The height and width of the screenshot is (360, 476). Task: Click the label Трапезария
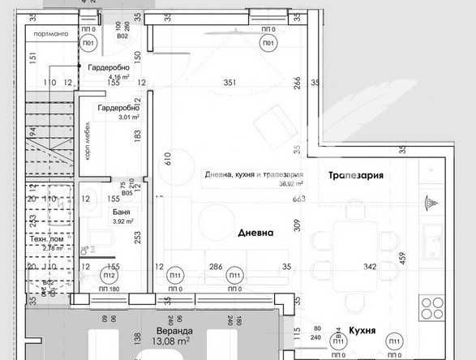[x=355, y=175]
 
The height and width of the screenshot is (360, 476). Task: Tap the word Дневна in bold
[x=255, y=233]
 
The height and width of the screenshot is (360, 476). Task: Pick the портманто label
[x=45, y=33]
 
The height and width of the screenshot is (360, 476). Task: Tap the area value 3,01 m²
[x=108, y=117]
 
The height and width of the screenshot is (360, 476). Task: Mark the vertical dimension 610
[x=168, y=158]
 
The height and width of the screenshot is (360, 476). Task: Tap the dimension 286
[x=216, y=266]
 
